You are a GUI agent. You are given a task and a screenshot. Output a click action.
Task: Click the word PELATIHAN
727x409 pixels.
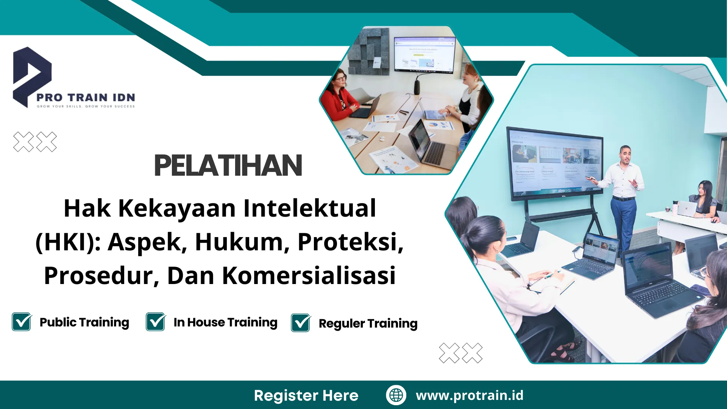click(x=228, y=166)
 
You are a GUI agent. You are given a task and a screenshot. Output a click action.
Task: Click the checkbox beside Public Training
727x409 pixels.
click(x=22, y=322)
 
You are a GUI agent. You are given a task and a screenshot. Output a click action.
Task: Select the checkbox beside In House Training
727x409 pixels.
click(x=156, y=322)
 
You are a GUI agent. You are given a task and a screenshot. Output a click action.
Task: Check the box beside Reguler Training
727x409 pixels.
click(x=301, y=323)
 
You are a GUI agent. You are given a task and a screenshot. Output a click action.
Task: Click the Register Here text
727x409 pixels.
click(x=306, y=395)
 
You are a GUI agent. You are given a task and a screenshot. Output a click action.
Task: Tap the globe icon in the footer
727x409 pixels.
click(x=396, y=395)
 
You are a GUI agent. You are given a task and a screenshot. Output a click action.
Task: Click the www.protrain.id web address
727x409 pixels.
click(x=470, y=395)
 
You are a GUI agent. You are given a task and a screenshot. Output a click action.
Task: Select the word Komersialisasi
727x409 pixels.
click(x=309, y=275)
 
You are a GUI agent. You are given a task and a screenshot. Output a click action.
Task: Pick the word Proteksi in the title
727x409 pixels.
click(x=350, y=242)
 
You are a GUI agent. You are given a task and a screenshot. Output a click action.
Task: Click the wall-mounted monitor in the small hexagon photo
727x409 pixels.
click(x=424, y=54)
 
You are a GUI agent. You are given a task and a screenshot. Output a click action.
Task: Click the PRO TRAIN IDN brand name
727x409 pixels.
click(x=86, y=98)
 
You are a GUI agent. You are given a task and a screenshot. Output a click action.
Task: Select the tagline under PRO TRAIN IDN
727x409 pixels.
click(x=86, y=106)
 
